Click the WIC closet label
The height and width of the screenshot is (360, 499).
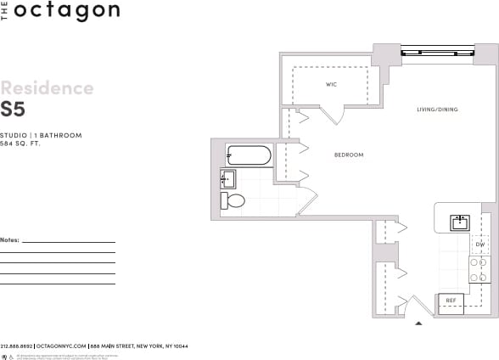[x=332, y=85]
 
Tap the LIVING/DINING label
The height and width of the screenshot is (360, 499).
[x=437, y=110]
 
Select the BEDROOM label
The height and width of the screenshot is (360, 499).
[x=348, y=155]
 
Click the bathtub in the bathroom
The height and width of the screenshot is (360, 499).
[x=249, y=155]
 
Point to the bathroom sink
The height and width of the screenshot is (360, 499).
[x=228, y=178]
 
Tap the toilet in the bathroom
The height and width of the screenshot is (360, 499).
[x=233, y=201]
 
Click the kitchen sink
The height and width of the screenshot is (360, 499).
[x=460, y=222]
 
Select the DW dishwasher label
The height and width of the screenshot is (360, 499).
[x=479, y=245]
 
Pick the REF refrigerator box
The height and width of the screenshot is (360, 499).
[x=451, y=301]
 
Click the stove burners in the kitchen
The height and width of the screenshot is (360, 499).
[x=480, y=269]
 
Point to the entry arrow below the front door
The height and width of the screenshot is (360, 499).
[x=417, y=323]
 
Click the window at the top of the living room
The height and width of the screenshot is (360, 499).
[x=436, y=53]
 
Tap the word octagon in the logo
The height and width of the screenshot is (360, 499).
[x=65, y=11]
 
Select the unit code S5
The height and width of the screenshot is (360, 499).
[x=13, y=109]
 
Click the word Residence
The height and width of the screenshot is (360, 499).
[x=47, y=88]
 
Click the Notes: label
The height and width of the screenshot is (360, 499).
[x=9, y=240]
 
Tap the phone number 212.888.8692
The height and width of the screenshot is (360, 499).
[x=16, y=346]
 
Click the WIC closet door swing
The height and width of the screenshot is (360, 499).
[x=333, y=114]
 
